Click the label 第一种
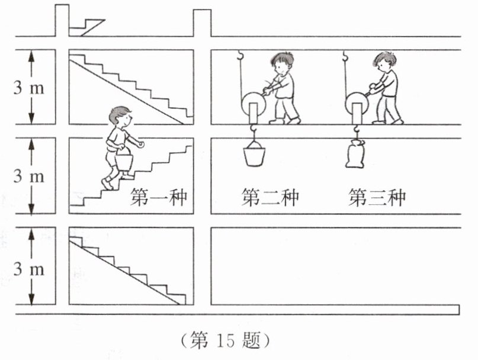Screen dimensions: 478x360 [159, 197]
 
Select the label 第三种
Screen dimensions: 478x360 [377, 197]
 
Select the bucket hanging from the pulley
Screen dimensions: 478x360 [254, 155]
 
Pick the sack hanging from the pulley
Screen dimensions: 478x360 [356, 155]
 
